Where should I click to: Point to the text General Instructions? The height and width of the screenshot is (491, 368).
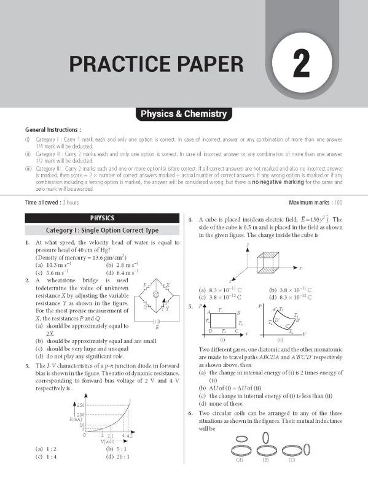click(53, 131)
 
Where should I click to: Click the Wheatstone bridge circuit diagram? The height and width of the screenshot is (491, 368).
click(156, 301)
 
